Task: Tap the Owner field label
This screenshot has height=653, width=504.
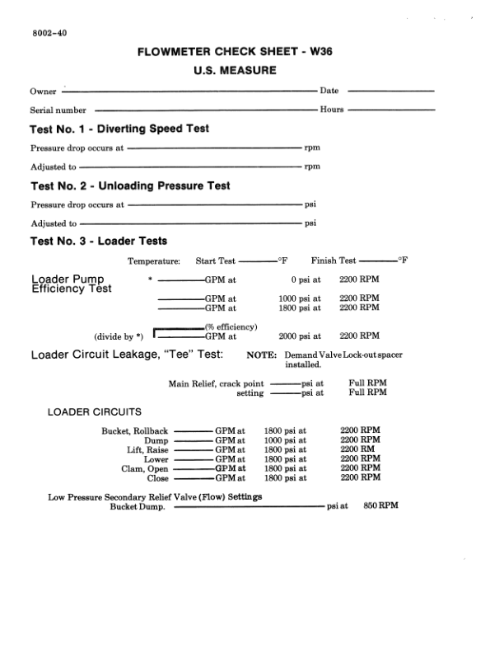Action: click(43, 92)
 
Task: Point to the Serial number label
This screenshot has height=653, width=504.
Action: click(58, 110)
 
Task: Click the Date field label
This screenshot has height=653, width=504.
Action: click(329, 91)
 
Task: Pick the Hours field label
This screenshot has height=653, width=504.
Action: click(332, 109)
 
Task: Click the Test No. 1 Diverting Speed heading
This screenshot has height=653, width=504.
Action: click(119, 129)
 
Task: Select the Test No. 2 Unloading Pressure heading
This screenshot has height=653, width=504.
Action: click(130, 186)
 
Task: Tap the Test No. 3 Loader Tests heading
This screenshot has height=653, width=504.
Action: click(99, 242)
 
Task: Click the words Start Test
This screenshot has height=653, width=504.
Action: click(216, 261)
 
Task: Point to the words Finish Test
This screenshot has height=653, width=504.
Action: click(334, 261)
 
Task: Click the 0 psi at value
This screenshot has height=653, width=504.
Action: click(305, 280)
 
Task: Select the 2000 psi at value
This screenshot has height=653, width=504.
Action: click(299, 336)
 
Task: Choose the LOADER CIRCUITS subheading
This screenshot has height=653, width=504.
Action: click(95, 411)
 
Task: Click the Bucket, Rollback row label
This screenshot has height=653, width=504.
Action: click(134, 431)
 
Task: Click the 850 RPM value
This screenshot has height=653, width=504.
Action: click(380, 505)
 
